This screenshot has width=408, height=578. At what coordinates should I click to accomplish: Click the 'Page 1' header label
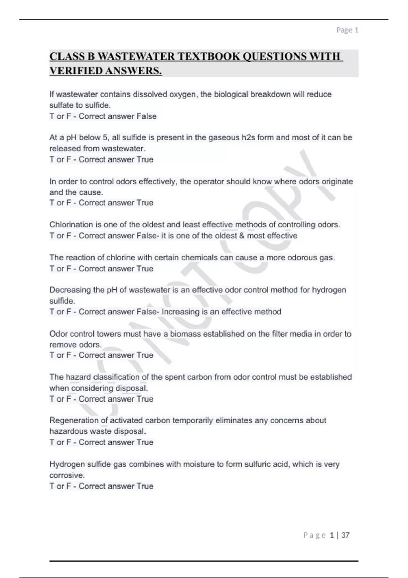point(347,30)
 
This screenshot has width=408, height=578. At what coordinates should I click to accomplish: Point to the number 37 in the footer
point(345,535)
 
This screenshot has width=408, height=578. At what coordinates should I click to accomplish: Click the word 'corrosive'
point(66,475)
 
